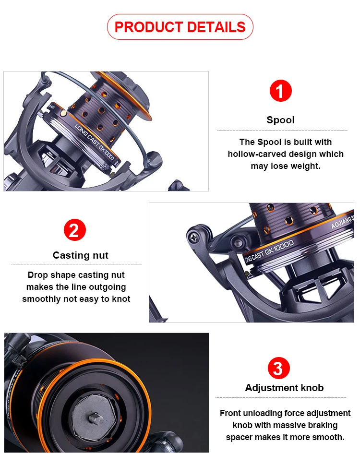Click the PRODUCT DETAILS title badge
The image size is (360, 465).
tap(180, 27)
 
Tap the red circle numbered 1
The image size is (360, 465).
tap(280, 91)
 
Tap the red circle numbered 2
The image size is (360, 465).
tap(75, 230)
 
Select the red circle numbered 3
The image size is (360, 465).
tap(278, 368)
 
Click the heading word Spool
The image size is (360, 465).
tap(280, 120)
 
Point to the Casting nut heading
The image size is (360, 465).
tap(80, 255)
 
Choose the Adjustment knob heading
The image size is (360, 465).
tap(284, 388)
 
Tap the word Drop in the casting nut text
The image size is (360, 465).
tap(38, 275)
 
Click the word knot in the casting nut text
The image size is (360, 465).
tap(121, 298)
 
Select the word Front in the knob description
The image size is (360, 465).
tap(230, 413)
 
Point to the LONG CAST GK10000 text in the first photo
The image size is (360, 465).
tap(94, 142)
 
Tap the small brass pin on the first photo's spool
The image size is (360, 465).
tap(63, 113)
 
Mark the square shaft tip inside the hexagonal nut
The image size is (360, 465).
tap(96, 418)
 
